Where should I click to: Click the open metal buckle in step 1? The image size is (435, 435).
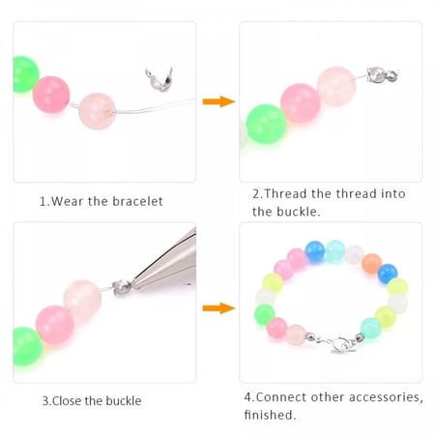point(159,79)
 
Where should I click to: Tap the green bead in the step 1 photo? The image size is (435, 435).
point(26,74)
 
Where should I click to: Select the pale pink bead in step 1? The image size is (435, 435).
point(98,111)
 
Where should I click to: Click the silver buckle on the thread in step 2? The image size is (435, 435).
point(382,75)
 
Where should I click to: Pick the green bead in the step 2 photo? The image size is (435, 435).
point(267,124)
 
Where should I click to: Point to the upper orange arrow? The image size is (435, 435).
point(218,101)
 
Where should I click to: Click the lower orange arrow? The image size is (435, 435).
point(218,308)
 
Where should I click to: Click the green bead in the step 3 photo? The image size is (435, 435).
point(28,347)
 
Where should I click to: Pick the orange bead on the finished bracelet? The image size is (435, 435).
point(371,263)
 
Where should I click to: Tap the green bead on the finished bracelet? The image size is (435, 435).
point(265,315)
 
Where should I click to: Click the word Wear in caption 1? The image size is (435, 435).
point(67,201)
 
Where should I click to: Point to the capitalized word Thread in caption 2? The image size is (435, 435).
point(285,193)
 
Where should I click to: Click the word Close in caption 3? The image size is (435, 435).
point(67,401)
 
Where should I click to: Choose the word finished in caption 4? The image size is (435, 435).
point(270,415)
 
